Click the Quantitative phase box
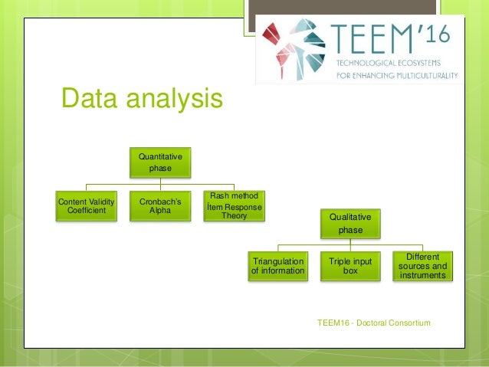[159, 162]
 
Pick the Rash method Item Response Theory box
[235, 206]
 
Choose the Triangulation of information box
[278, 266]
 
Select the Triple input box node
[350, 266]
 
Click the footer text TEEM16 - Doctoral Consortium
[373, 323]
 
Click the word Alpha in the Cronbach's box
[160, 211]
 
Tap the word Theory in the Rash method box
[235, 215]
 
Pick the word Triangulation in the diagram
[278, 261]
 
